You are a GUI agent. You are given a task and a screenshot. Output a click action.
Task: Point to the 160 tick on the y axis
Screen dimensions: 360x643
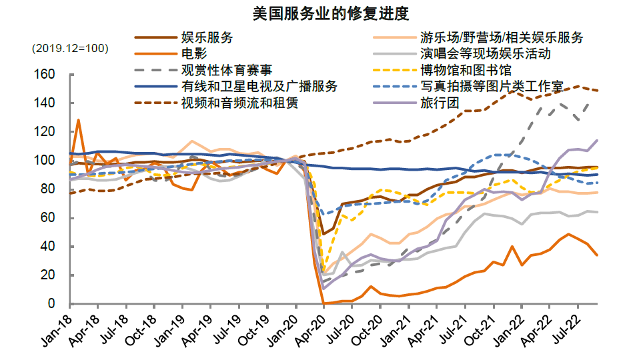coord(54,75)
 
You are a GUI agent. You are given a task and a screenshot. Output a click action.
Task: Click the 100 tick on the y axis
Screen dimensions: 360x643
coord(54,161)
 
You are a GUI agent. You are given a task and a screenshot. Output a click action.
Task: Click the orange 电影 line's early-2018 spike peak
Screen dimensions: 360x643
coord(79,120)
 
